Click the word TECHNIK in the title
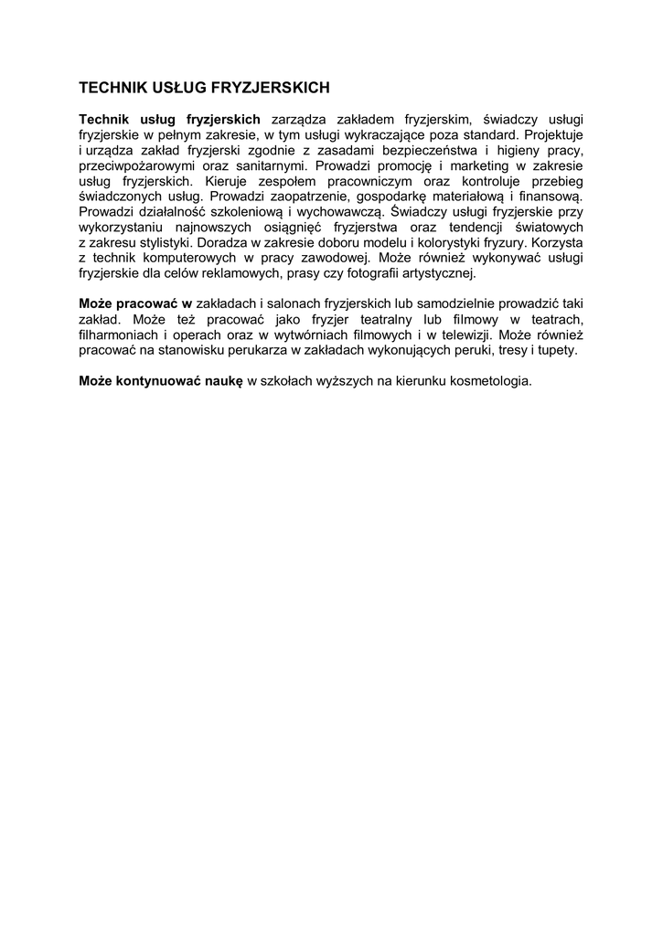110,89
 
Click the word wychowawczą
329,211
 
